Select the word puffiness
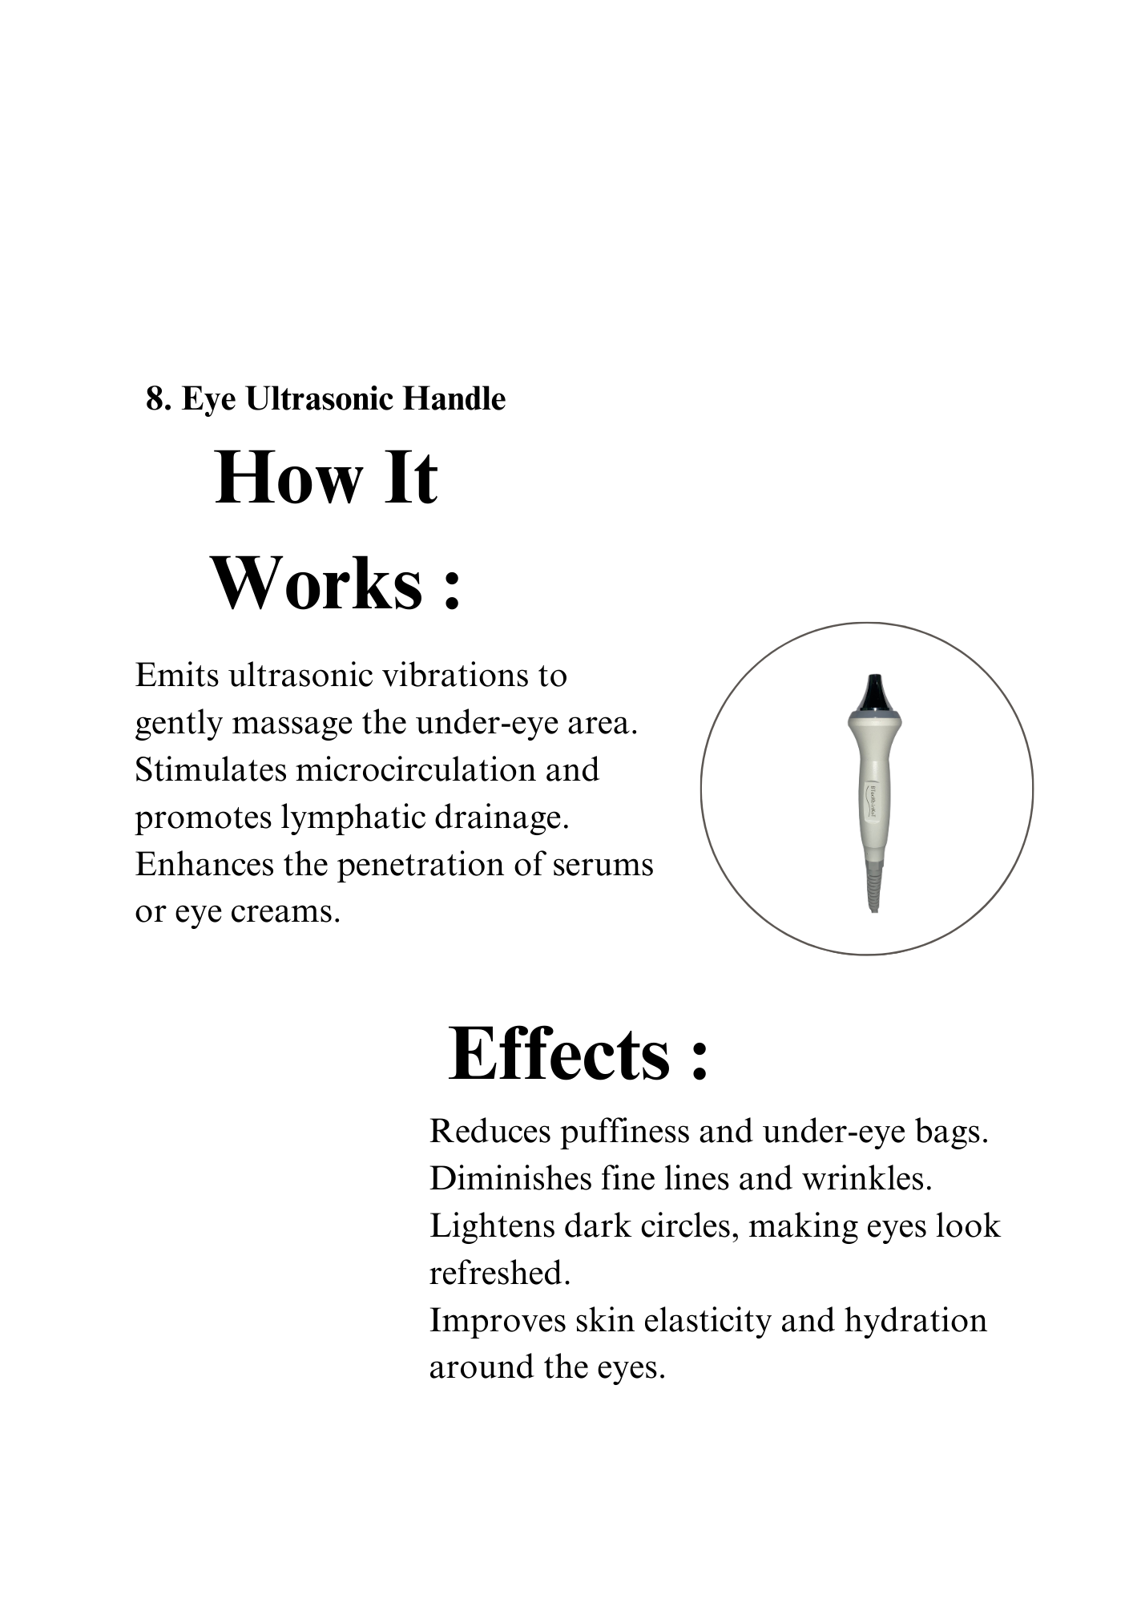point(624,1132)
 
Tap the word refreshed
point(498,1274)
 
